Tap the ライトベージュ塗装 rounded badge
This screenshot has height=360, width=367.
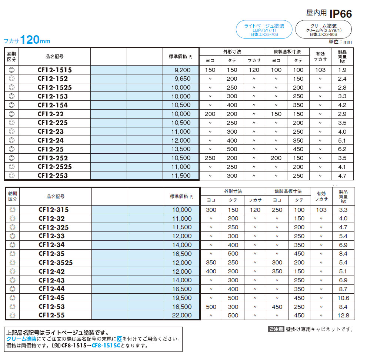[264, 30]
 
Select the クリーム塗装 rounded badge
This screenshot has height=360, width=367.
[323, 30]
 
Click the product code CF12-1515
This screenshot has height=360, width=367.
[55, 70]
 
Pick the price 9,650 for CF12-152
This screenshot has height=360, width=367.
[183, 79]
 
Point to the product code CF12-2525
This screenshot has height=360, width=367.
[55, 167]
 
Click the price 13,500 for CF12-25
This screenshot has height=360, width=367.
[181, 149]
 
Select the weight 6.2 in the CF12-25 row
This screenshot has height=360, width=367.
[342, 149]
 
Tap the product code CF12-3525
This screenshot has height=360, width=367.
[56, 263]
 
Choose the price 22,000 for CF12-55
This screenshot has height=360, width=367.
[182, 316]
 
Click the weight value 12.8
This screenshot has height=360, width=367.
[343, 316]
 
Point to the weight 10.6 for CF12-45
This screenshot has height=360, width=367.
[343, 298]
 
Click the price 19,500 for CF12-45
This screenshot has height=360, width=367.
[182, 298]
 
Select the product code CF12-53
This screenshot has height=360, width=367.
[51, 307]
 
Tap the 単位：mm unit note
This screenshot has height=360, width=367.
[340, 42]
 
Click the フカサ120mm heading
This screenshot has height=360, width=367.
[27, 40]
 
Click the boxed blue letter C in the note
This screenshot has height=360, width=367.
[120, 339]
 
